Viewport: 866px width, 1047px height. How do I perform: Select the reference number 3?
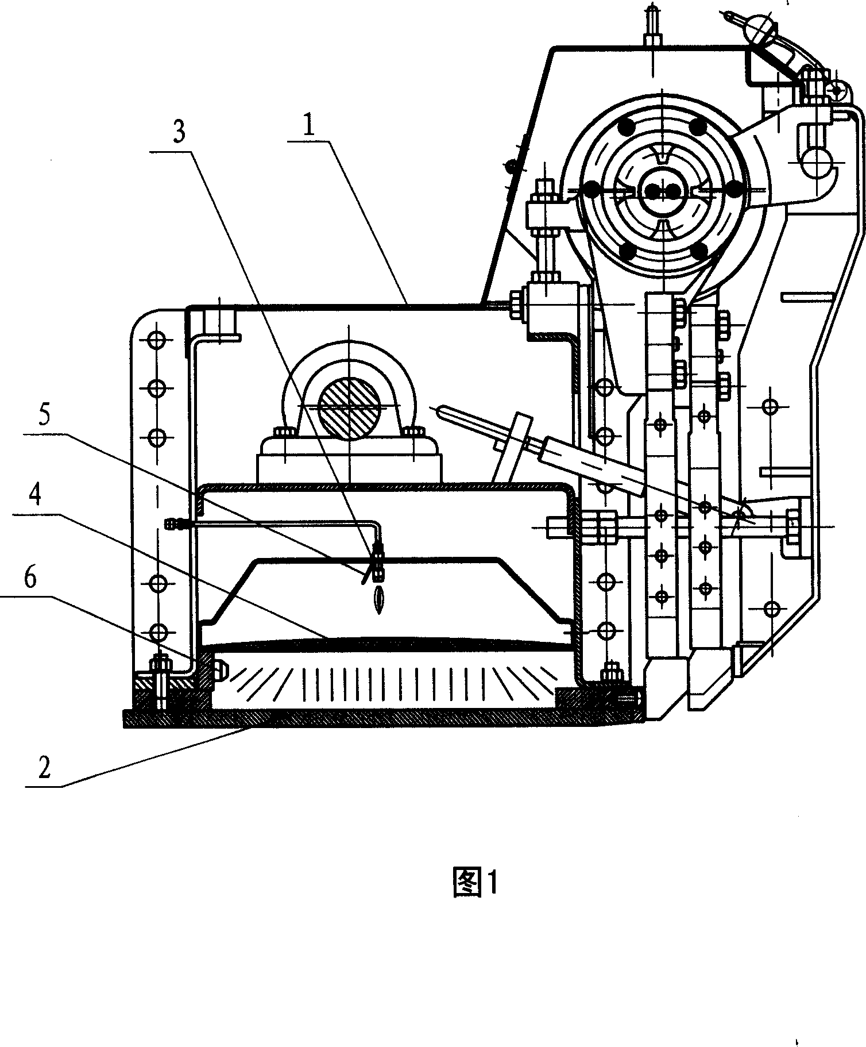coord(179,132)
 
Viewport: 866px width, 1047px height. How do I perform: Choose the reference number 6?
coord(30,578)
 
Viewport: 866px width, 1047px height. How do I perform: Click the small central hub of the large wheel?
coord(660,190)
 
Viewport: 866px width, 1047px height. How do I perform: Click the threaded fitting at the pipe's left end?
coord(174,523)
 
